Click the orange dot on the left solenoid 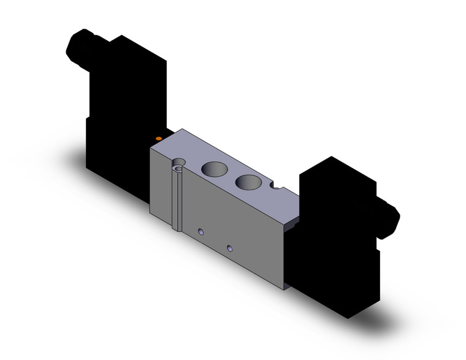(x=159, y=139)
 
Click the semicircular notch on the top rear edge (x=281, y=187)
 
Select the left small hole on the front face (x=201, y=232)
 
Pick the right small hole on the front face (x=230, y=248)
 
